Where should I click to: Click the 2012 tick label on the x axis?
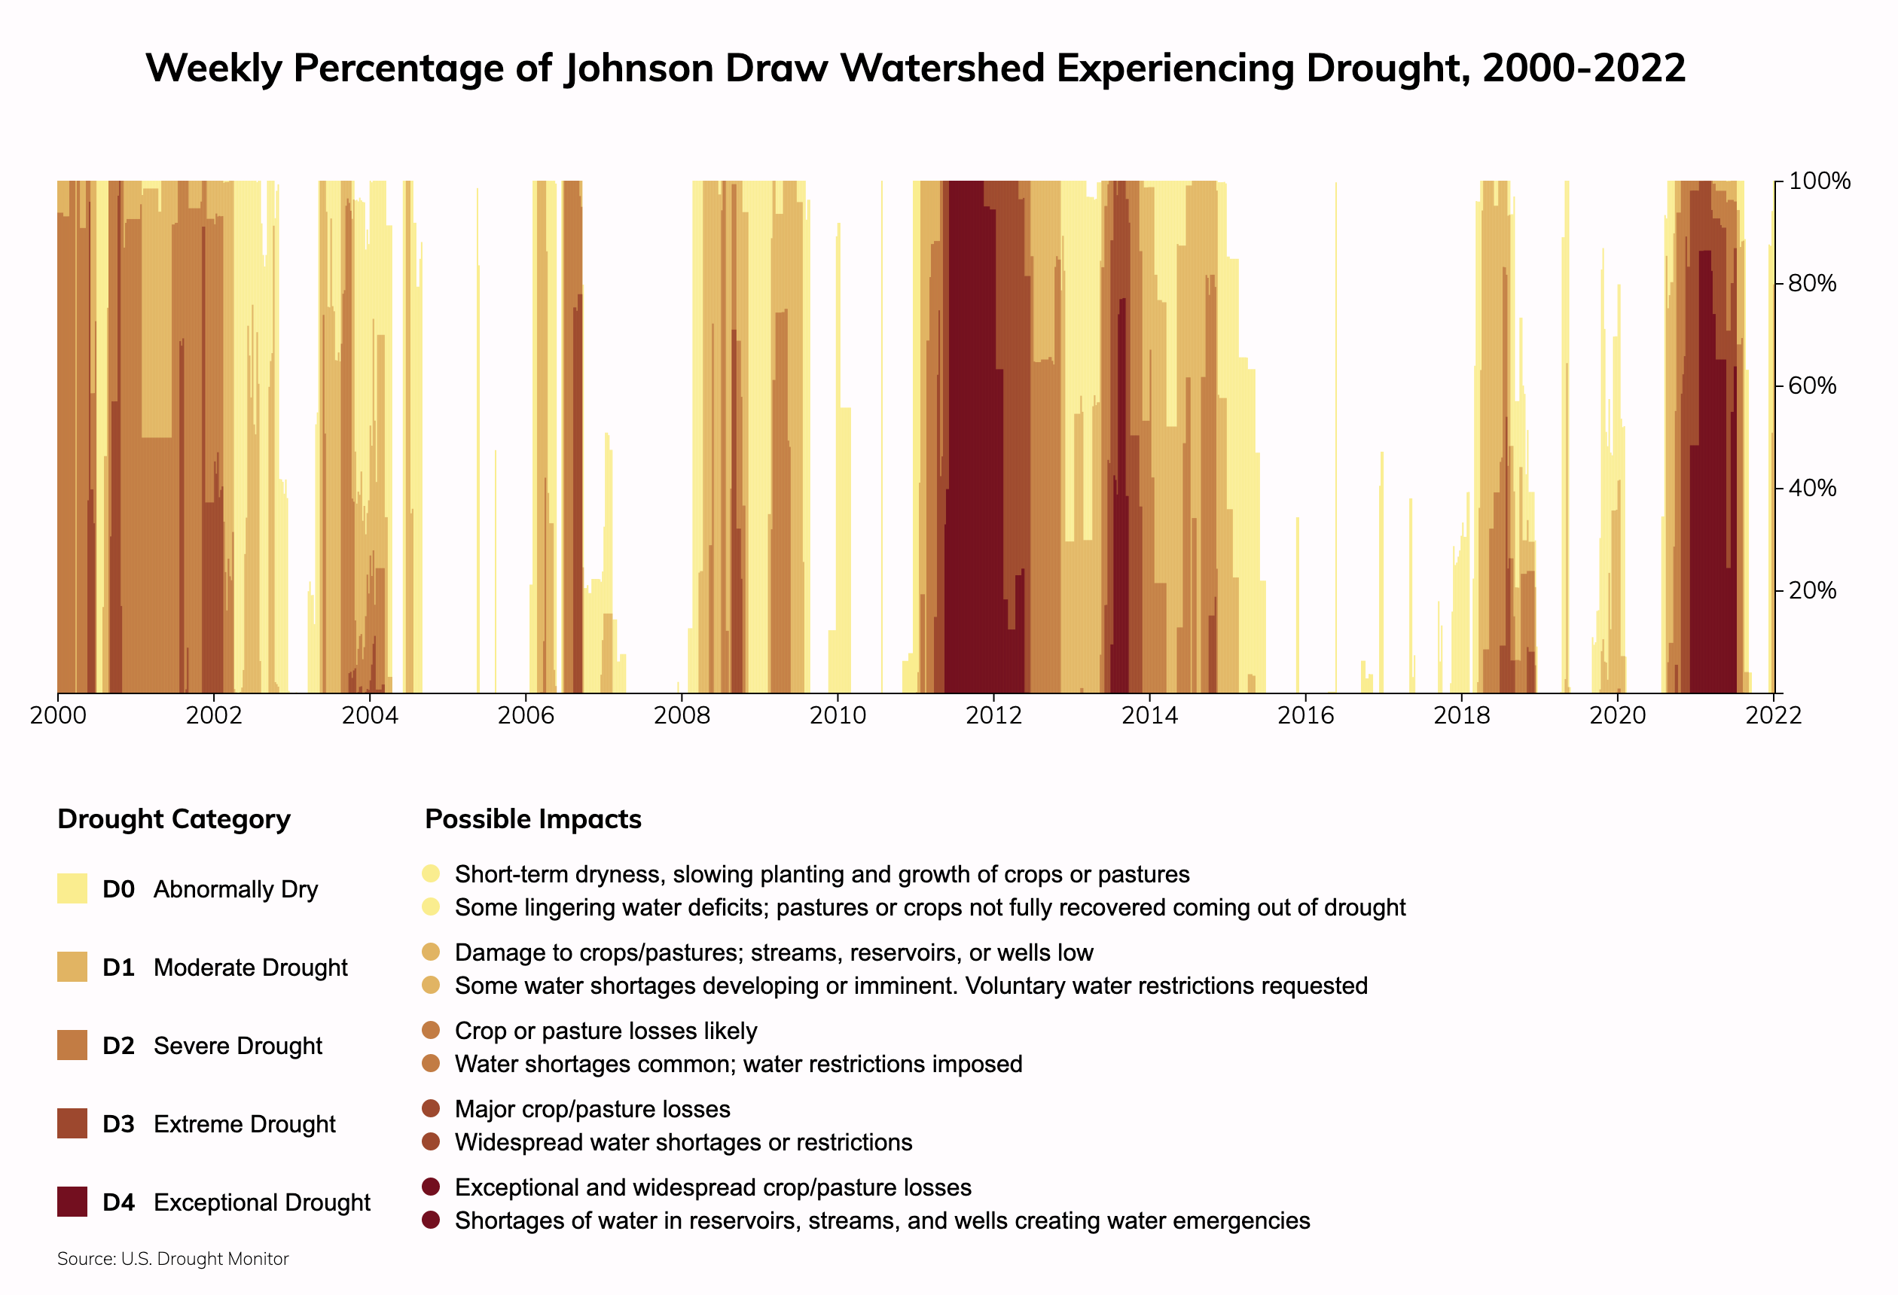(x=993, y=716)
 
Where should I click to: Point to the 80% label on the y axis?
(x=1812, y=283)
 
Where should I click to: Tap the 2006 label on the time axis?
(x=525, y=716)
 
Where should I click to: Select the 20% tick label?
(x=1812, y=590)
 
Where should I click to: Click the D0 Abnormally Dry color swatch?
(x=72, y=888)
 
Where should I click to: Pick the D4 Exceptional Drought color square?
(x=72, y=1202)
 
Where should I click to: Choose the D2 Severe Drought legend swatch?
(x=72, y=1045)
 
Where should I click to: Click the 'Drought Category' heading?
(x=174, y=819)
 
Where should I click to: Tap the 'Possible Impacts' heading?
(x=532, y=819)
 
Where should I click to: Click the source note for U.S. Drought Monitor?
(x=173, y=1259)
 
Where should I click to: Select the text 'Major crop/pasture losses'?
(x=592, y=1109)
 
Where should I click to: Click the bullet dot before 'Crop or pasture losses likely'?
(x=432, y=1031)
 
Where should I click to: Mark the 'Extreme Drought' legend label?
(x=244, y=1124)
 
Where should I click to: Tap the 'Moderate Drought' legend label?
(x=250, y=967)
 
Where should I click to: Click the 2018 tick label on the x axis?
(x=1461, y=716)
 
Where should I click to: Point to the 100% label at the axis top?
(x=1819, y=181)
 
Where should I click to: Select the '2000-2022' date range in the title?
(x=1584, y=68)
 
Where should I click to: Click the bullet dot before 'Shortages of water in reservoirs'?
(x=432, y=1220)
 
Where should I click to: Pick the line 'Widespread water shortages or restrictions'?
(x=683, y=1142)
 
